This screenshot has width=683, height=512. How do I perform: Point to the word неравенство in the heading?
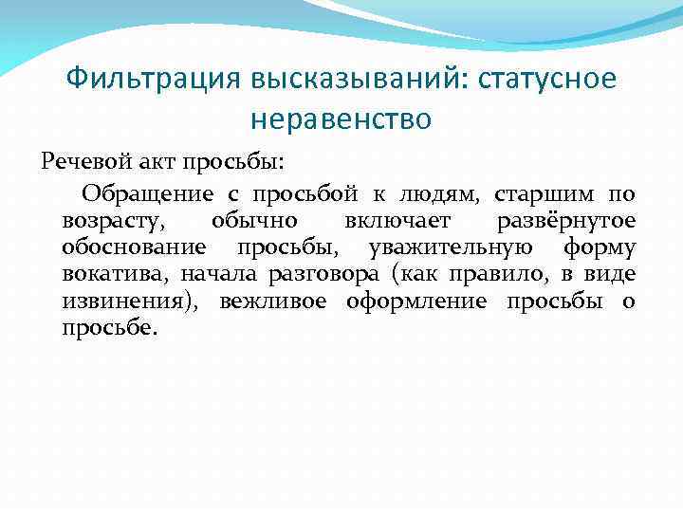point(341,119)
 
